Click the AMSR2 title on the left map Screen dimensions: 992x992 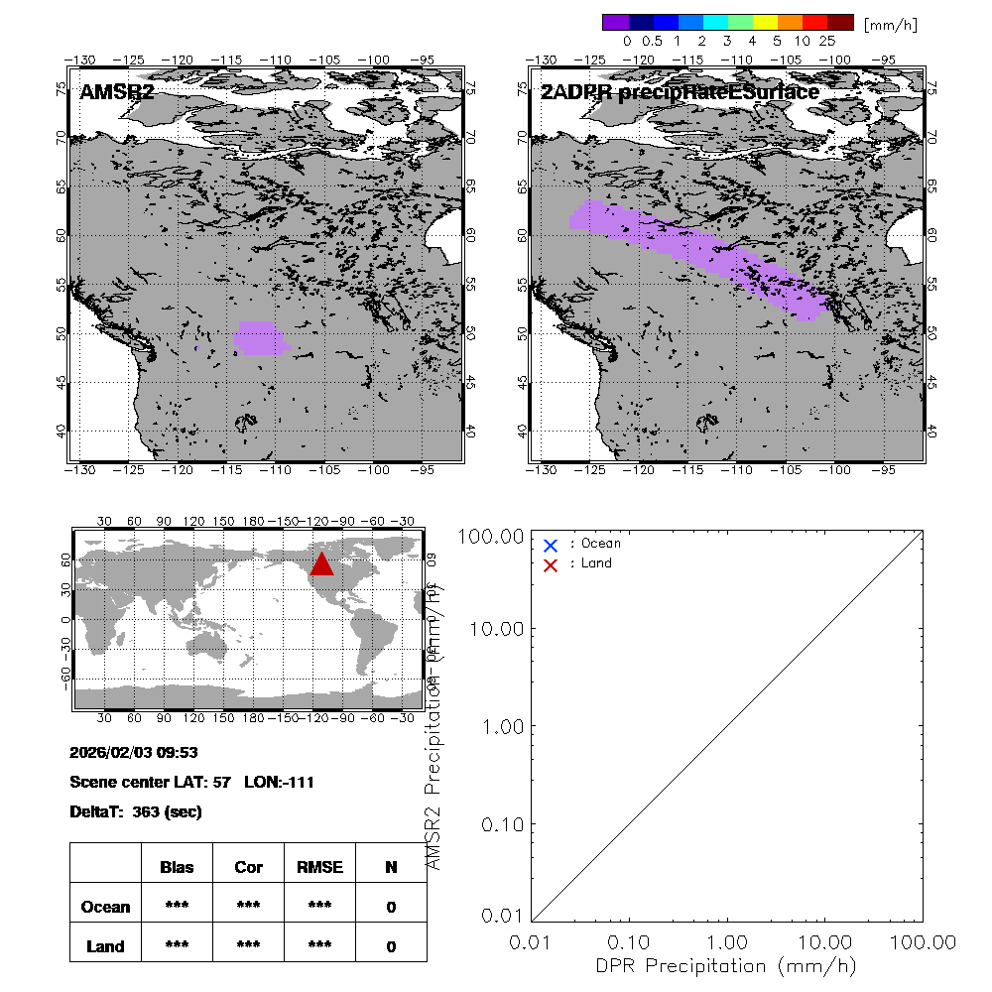pyautogui.click(x=117, y=92)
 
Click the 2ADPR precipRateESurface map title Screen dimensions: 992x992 pyautogui.click(x=681, y=92)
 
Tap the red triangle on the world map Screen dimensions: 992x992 pyautogui.click(x=321, y=563)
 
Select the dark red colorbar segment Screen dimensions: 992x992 pyautogui.click(x=840, y=22)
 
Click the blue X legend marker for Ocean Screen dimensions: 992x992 pyautogui.click(x=551, y=545)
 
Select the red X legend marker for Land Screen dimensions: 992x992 pyautogui.click(x=551, y=564)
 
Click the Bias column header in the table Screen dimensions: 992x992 pyautogui.click(x=177, y=867)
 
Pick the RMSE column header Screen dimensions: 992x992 pyautogui.click(x=319, y=867)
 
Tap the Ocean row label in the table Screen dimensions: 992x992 pyautogui.click(x=105, y=907)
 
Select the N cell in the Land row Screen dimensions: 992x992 pyautogui.click(x=391, y=946)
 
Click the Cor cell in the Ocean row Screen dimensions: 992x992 pyautogui.click(x=248, y=907)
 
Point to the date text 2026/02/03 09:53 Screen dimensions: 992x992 pyautogui.click(x=134, y=752)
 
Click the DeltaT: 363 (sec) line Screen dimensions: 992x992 pyautogui.click(x=136, y=811)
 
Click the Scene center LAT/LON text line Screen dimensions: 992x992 pyautogui.click(x=192, y=782)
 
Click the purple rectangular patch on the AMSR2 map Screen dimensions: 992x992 pyautogui.click(x=260, y=337)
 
